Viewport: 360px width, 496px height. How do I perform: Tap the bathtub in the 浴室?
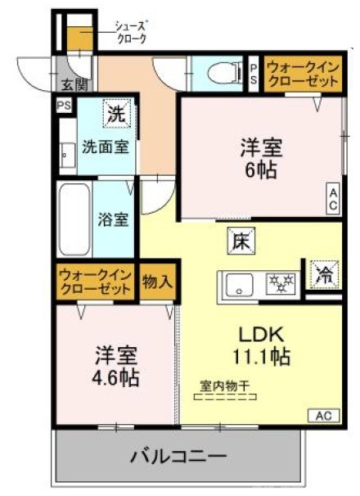[74, 219]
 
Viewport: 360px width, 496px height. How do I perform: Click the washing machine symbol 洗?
[117, 114]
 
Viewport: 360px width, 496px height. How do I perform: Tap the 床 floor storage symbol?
[241, 241]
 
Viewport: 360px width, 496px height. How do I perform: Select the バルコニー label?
[179, 455]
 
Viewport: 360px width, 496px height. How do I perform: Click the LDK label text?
[260, 334]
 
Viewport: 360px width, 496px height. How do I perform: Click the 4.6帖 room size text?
[115, 378]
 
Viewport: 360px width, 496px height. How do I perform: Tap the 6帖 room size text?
[261, 170]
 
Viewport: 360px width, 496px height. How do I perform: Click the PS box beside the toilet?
[254, 73]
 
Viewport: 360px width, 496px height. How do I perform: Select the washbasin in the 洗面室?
[66, 152]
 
